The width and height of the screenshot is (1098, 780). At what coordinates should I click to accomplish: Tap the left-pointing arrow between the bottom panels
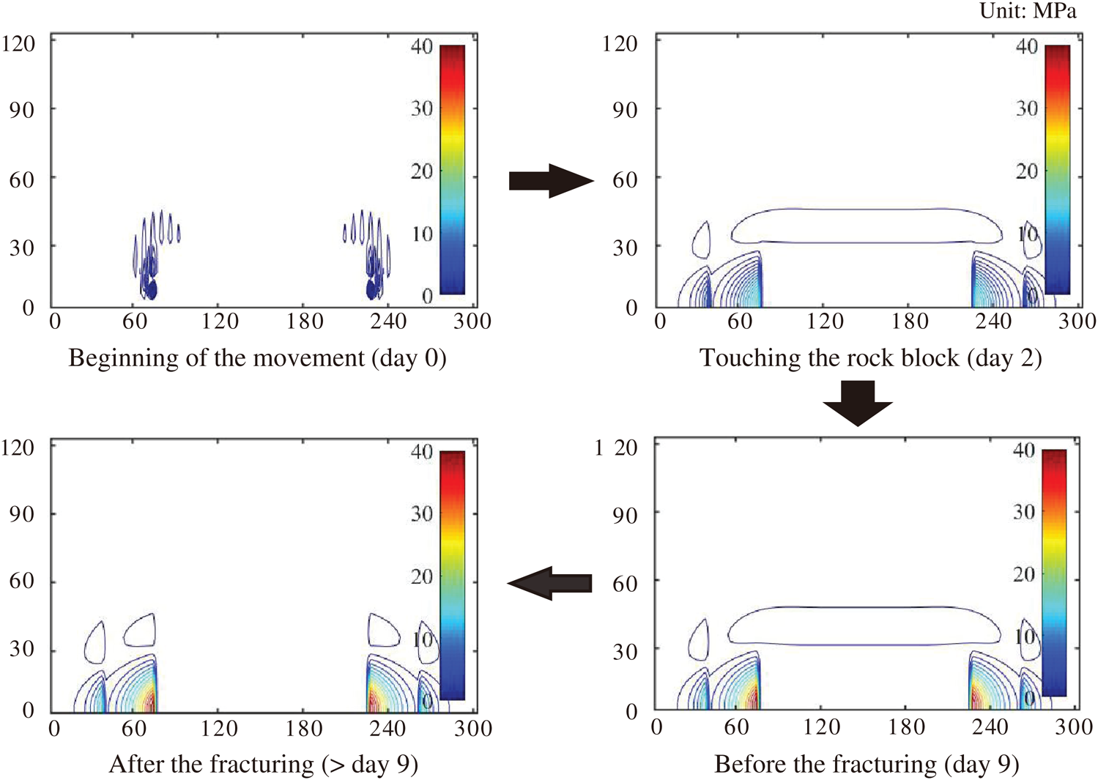pos(549,583)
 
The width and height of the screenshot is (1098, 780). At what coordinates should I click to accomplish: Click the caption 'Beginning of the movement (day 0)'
pos(257,357)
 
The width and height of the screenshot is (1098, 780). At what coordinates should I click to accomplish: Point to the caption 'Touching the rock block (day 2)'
pos(870,357)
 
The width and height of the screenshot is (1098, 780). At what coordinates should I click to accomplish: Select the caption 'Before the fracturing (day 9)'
pos(867,764)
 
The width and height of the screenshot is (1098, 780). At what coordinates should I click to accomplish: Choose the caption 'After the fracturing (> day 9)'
pos(264,764)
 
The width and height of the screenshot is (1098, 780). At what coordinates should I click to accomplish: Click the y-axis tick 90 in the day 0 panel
pos(21,110)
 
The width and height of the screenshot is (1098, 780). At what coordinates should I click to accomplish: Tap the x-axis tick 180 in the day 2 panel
pos(909,322)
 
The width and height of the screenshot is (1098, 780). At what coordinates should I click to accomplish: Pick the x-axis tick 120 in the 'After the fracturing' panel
pos(219,728)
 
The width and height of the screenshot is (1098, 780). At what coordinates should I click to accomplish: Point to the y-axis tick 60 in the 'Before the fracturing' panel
pos(624,584)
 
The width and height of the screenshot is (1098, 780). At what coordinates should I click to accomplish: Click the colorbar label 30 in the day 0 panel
pos(421,108)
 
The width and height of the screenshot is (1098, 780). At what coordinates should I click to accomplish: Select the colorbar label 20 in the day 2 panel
pos(1026,171)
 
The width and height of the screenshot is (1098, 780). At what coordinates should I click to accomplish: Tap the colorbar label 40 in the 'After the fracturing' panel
pos(421,451)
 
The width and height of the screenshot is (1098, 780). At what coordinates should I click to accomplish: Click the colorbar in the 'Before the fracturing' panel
pos(1053,572)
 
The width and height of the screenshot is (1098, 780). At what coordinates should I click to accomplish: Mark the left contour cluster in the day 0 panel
pos(154,256)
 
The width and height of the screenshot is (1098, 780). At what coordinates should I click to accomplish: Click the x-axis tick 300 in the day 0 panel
pos(472,322)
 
